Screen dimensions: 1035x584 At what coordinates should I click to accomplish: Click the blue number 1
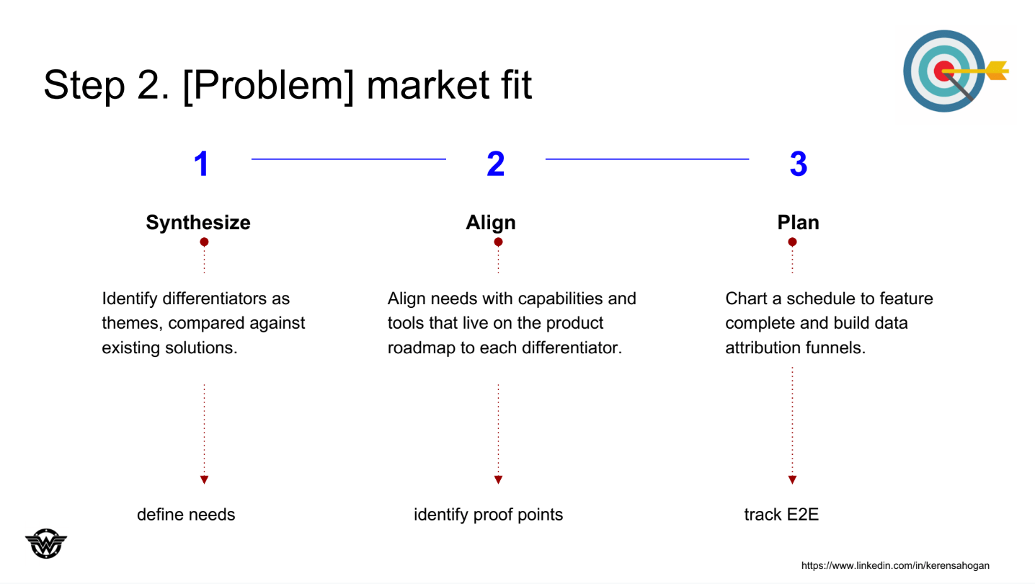coord(202,164)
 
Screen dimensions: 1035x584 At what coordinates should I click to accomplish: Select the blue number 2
coord(496,164)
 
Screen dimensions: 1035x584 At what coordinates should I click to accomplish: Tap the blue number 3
coord(799,164)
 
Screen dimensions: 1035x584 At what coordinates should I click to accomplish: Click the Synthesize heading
coord(198,222)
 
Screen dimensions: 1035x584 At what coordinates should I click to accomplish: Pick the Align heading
coord(491,222)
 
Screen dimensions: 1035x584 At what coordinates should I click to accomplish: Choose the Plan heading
coord(798,222)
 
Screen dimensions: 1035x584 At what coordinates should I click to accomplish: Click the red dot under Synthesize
coord(204,242)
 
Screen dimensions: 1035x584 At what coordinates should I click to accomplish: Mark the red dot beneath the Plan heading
coord(792,242)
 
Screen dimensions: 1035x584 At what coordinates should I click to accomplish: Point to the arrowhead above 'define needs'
coord(204,479)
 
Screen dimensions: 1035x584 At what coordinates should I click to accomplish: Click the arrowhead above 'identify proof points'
coord(498,479)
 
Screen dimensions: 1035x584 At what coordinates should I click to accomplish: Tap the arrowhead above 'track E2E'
coord(792,479)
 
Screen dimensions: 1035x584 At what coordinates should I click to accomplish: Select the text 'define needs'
coord(186,514)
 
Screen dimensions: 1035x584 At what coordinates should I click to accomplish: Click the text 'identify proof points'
coord(489,515)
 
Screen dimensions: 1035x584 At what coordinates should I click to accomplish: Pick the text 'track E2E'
coord(781,514)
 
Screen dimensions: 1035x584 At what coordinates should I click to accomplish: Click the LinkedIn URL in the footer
coord(895,565)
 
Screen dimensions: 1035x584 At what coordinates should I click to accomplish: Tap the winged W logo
coord(46,544)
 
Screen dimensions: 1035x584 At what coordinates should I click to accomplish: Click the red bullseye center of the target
coord(943,71)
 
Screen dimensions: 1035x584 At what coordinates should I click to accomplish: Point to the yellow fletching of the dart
coord(997,71)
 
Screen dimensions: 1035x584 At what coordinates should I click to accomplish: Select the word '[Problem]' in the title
coord(268,85)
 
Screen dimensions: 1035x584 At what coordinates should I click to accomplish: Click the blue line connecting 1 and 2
coord(349,159)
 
